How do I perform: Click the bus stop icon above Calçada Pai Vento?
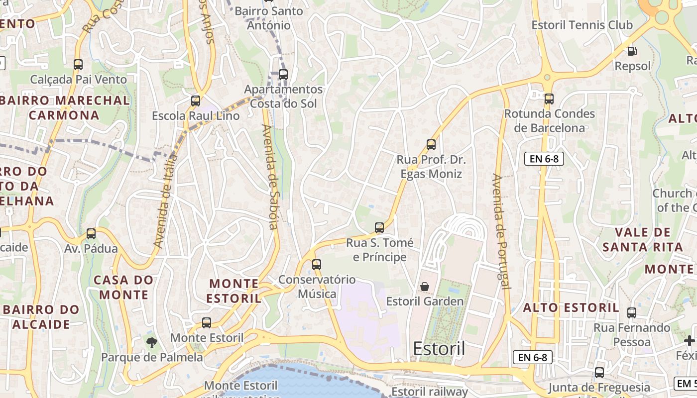[78, 64]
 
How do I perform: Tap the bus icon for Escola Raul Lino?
[196, 101]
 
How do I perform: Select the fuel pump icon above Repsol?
[632, 51]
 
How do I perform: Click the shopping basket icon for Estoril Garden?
[425, 287]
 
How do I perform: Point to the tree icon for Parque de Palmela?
[152, 342]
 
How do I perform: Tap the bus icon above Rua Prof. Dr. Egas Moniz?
[431, 145]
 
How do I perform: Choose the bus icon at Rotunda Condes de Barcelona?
[549, 99]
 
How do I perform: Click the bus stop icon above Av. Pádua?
[91, 234]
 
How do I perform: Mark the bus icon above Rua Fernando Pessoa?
[632, 313]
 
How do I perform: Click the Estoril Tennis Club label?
[582, 25]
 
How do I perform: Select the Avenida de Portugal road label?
[501, 231]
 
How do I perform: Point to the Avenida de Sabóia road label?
[270, 177]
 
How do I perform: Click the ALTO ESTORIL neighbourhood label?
[571, 307]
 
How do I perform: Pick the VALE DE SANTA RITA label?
[642, 239]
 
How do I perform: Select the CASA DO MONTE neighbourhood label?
[124, 287]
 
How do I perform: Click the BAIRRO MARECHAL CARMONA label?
[65, 107]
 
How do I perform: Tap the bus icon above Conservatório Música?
[317, 265]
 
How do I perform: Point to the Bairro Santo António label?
[269, 18]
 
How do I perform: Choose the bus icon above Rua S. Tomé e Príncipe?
[379, 228]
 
